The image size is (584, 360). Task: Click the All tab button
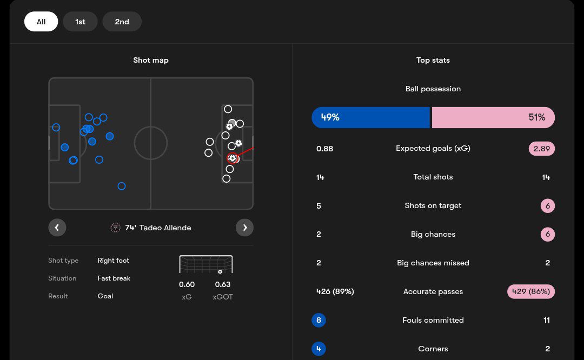click(41, 22)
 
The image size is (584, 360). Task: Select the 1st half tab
click(80, 22)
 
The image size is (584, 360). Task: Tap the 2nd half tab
click(122, 22)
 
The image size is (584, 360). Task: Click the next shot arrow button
click(244, 228)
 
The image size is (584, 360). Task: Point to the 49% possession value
click(330, 117)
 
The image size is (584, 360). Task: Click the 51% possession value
click(536, 117)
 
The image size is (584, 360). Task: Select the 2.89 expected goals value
click(541, 149)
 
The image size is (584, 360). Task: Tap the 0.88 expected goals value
click(324, 149)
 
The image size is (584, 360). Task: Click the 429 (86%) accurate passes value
click(530, 291)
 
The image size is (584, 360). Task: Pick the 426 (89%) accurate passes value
click(335, 291)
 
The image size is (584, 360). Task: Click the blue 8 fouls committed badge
click(318, 320)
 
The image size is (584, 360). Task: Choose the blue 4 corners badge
click(318, 349)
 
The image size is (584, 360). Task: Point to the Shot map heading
click(151, 60)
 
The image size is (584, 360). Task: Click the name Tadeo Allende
click(165, 228)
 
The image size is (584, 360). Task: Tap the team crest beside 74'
click(115, 228)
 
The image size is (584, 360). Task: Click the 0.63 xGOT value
click(223, 284)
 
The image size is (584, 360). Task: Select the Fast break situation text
click(114, 278)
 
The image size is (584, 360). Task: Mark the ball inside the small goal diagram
click(220, 272)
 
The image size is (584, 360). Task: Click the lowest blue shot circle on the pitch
click(122, 186)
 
